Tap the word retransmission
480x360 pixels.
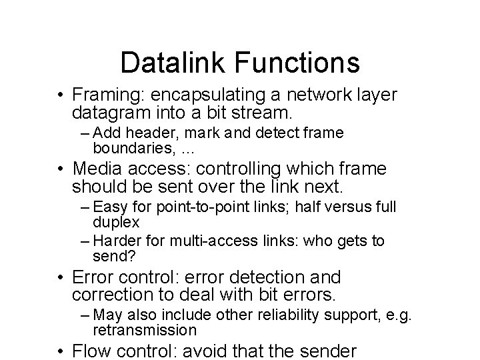[145, 329]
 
